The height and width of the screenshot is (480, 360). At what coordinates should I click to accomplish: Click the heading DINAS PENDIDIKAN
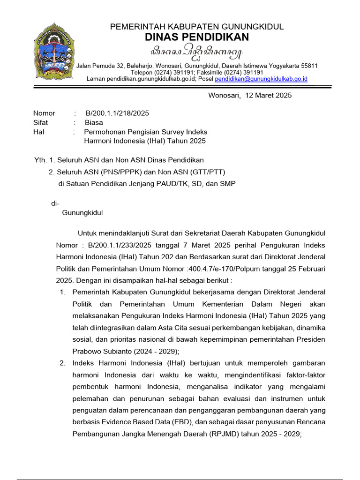(197, 37)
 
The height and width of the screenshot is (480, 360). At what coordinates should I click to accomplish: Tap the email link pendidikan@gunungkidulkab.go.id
(261, 79)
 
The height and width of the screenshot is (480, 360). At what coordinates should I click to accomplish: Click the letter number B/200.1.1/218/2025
(117, 113)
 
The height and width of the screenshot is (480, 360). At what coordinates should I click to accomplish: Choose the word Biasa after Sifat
(94, 122)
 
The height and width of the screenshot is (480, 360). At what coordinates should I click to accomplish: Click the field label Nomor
(44, 113)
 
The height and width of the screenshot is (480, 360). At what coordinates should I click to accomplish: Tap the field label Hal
(38, 132)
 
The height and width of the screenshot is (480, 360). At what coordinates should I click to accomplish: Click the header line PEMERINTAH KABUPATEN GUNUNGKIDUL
(197, 27)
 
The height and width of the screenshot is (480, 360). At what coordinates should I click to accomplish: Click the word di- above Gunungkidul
(55, 203)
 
